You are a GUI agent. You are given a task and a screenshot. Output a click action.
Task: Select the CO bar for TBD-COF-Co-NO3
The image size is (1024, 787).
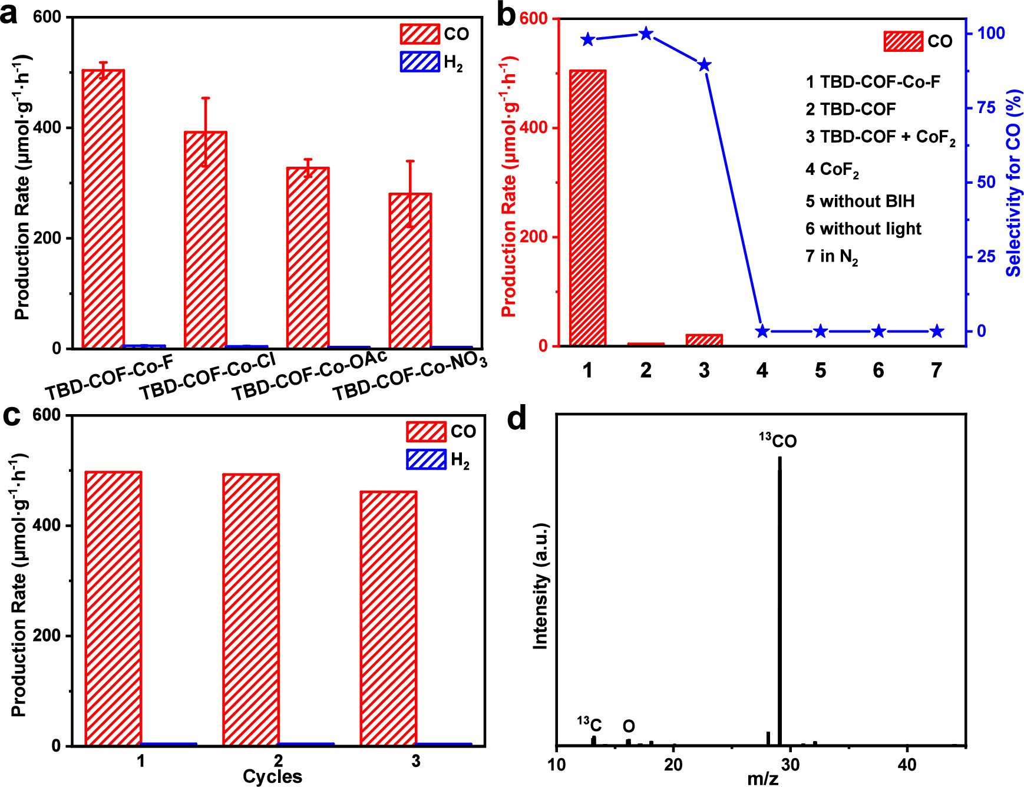click(x=410, y=270)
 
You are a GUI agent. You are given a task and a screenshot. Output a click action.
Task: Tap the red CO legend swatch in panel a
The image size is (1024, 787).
click(x=419, y=34)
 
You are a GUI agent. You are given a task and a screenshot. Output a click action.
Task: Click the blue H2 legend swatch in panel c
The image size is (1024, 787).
click(x=426, y=459)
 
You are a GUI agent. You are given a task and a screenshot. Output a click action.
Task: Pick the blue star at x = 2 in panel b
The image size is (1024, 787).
click(x=646, y=34)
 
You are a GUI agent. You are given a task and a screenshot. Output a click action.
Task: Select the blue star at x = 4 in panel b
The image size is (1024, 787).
click(x=762, y=331)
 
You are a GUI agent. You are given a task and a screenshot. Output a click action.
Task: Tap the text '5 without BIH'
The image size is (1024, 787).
click(x=860, y=201)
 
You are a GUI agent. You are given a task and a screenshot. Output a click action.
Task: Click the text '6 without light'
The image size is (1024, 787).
click(x=863, y=229)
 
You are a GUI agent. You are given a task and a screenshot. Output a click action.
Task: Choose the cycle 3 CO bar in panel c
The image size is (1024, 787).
click(x=388, y=619)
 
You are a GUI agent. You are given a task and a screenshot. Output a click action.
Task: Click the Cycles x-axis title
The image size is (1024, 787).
click(x=272, y=777)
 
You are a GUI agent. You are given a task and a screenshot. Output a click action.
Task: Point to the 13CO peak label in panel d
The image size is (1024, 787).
click(x=778, y=441)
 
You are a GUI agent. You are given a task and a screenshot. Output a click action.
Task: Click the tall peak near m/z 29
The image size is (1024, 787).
click(x=779, y=601)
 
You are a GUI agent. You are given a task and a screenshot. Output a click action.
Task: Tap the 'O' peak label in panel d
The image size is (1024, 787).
click(x=629, y=726)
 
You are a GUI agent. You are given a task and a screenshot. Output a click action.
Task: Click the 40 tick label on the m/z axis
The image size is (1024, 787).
click(x=907, y=765)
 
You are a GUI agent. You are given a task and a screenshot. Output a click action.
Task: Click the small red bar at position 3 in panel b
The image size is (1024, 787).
click(x=704, y=340)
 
